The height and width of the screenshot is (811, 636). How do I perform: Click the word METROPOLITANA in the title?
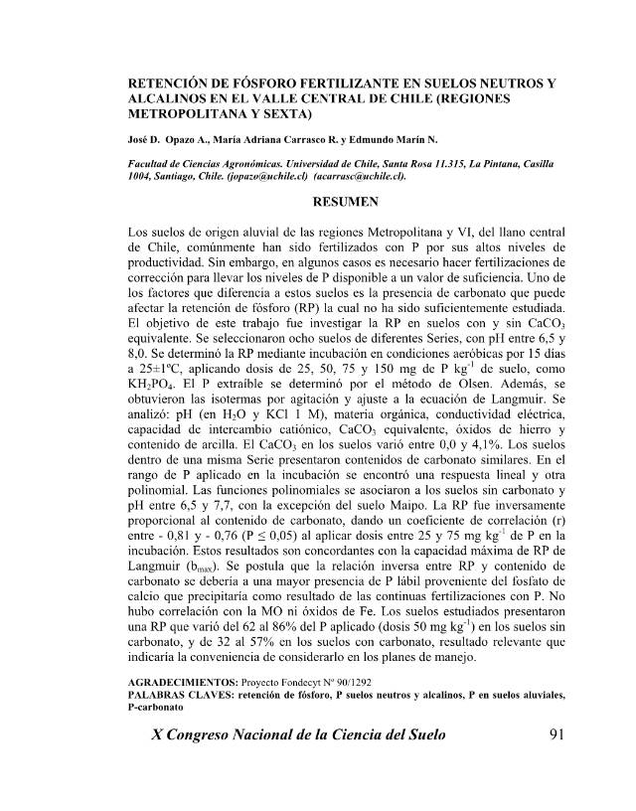pos(175,113)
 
